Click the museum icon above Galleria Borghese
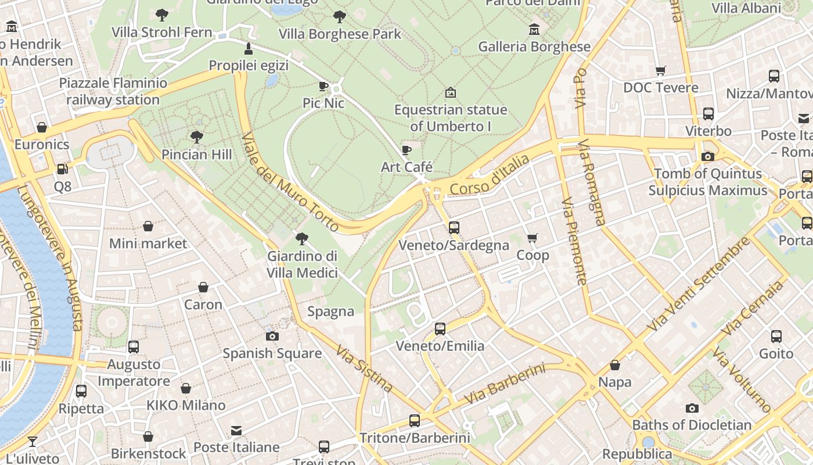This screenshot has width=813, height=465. point(534,29)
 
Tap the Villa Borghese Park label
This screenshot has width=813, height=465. point(340,34)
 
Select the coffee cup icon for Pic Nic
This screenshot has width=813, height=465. point(323,87)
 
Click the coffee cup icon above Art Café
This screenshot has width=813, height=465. point(406,151)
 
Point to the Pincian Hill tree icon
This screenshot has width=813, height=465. point(197,137)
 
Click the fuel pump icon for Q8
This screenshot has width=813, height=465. point(62,170)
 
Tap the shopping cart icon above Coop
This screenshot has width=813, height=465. point(532,238)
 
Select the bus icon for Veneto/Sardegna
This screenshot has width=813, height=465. point(454,228)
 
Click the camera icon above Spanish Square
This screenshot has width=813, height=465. point(272,336)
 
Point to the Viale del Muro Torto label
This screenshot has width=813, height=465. point(290,182)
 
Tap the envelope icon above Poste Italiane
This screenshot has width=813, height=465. point(236,431)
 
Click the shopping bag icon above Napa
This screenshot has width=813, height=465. point(615,365)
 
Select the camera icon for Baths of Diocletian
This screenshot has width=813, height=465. point(692,408)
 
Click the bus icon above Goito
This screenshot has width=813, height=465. point(776,336)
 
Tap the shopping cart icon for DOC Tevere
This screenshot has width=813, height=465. point(660,70)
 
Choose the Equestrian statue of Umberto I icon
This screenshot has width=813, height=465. point(450,92)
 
